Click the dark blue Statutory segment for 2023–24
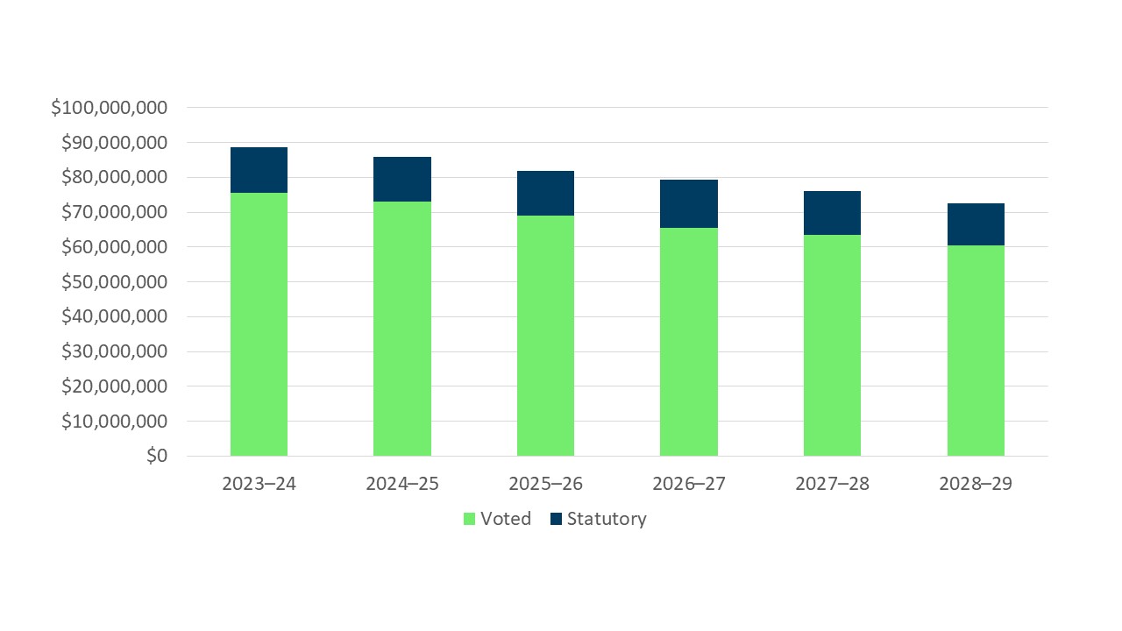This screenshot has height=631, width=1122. coord(259,170)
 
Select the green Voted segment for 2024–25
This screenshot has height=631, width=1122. coord(401,329)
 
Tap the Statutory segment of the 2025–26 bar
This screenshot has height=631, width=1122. coord(545,193)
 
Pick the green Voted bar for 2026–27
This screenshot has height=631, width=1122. coord(688,342)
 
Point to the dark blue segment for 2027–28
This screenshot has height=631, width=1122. coord(832,213)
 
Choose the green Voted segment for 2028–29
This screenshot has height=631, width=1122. coord(976,351)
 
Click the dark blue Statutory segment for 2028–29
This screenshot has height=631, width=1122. coord(976,224)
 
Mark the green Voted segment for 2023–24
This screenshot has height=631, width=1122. coord(259,324)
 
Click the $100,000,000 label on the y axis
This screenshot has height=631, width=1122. coord(109,108)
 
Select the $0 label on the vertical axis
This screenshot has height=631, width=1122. coord(157,456)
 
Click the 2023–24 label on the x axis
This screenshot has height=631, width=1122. coord(259,484)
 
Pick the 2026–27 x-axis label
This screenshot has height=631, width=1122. coord(688,484)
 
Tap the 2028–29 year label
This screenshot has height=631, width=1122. coord(976,484)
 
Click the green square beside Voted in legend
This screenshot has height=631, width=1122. coord(470,519)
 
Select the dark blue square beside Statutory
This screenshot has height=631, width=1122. coord(556,519)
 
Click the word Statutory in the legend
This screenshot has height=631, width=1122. coord(607,519)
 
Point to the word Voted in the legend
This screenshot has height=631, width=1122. coord(506,519)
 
